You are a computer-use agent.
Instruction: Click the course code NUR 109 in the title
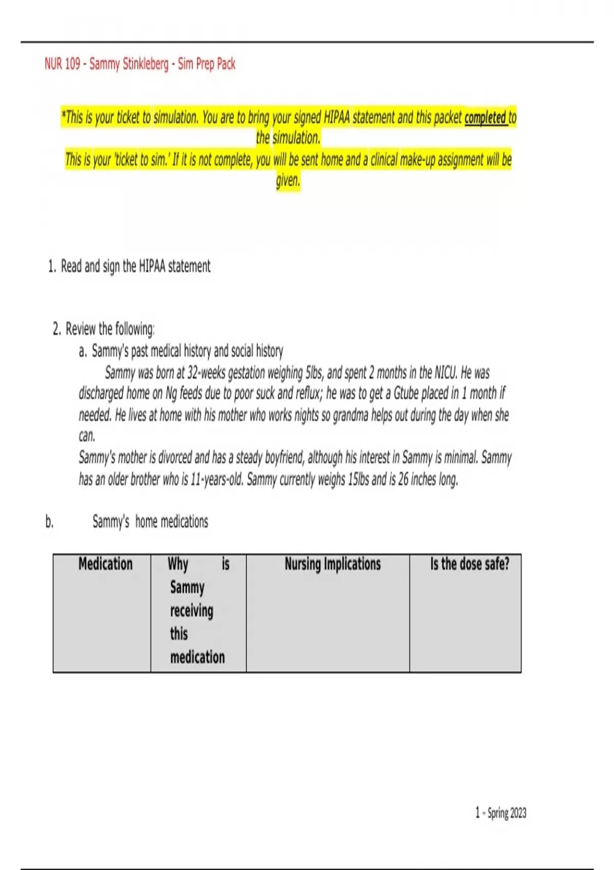click(x=62, y=64)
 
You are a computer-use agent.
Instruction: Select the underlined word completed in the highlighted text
click(x=485, y=118)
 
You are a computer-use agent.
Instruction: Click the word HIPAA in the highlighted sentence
click(x=337, y=118)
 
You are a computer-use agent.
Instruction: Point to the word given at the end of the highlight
click(x=288, y=180)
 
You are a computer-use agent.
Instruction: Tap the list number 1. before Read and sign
click(x=52, y=267)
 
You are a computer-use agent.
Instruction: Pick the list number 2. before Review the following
click(x=57, y=329)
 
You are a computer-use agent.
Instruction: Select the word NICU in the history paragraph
click(x=446, y=373)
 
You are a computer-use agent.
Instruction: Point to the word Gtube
click(x=406, y=394)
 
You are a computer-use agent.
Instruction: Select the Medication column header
click(x=105, y=564)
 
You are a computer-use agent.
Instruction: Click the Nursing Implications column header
click(x=333, y=564)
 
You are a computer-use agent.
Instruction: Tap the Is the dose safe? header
click(x=469, y=564)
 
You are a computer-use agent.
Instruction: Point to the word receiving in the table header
click(x=192, y=611)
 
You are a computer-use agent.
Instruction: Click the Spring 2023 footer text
click(x=506, y=813)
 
